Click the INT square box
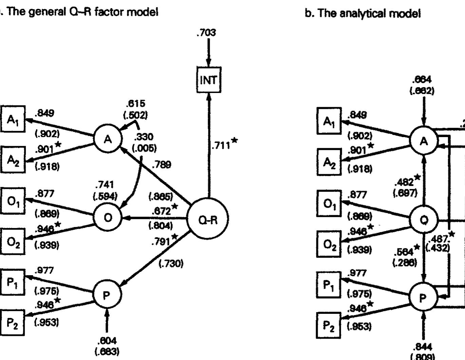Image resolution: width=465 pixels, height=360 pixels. coord(208,80)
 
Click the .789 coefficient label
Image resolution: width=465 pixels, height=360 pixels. coord(162,165)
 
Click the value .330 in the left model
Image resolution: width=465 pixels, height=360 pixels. coord(144,137)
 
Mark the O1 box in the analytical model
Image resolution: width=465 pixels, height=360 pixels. coord(328,204)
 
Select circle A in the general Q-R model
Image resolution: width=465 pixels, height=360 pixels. coord(108,139)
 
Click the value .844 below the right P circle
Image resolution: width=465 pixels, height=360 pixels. coord(423,346)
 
